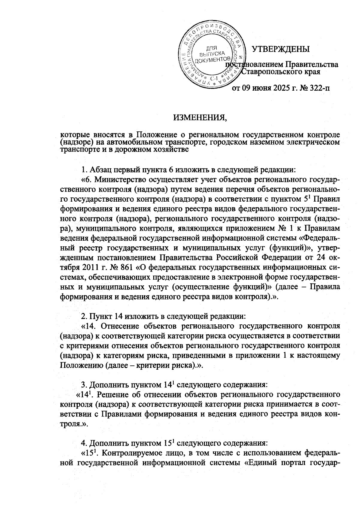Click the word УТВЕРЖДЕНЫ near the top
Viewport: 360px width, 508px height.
point(280,49)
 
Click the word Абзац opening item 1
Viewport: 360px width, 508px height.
point(100,170)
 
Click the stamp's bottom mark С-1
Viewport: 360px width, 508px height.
point(213,79)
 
